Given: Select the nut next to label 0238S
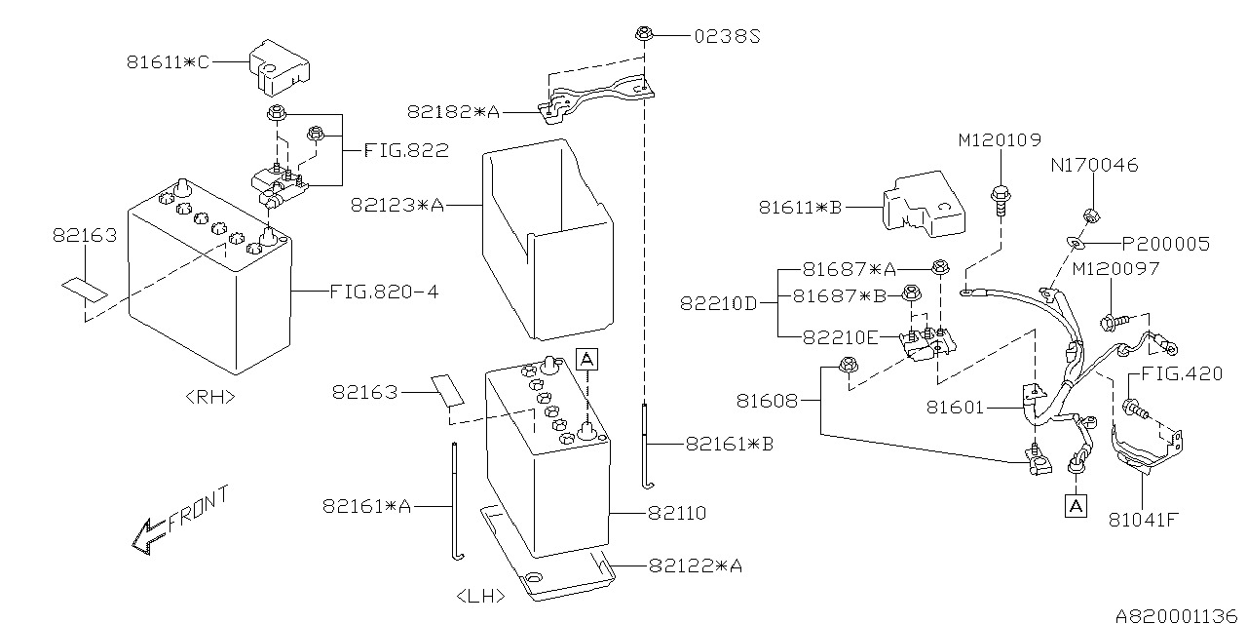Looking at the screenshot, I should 644,36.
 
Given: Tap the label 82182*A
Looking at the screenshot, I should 453,113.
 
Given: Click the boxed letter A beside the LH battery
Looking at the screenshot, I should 586,360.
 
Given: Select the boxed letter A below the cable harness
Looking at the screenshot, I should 1075,506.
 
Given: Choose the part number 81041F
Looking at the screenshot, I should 1143,519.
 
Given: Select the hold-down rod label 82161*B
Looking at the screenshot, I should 730,444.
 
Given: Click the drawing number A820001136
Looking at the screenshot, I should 1175,615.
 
